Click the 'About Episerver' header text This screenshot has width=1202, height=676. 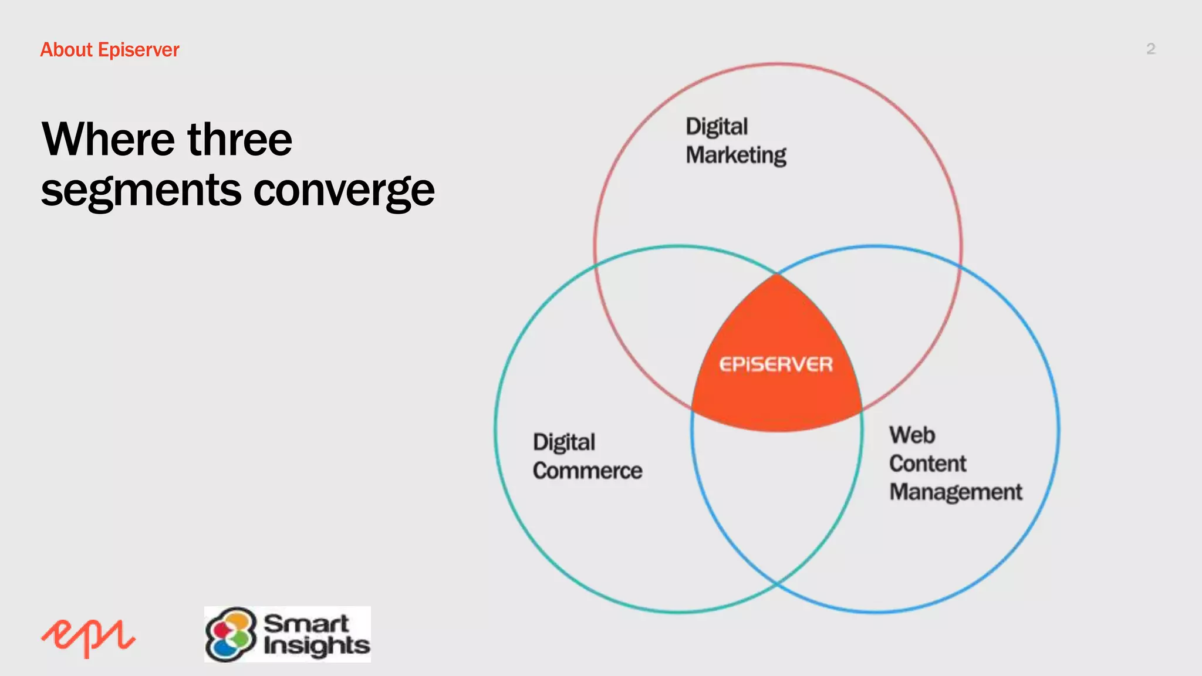[110, 50]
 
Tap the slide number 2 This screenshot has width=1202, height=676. [1150, 49]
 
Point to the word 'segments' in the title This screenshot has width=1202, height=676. [141, 191]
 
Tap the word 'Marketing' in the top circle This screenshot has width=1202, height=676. [736, 156]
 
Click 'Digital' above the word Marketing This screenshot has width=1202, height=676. [717, 127]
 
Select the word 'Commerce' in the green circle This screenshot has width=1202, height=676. [588, 471]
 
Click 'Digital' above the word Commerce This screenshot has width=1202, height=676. [564, 442]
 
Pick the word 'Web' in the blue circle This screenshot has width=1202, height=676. [912, 435]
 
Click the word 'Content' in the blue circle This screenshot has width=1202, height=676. [927, 464]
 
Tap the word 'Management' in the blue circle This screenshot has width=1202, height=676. [955, 492]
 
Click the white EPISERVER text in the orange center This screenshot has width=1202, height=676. [776, 364]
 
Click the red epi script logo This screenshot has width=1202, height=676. [89, 637]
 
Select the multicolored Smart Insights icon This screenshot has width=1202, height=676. [231, 634]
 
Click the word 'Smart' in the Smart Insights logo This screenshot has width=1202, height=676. [306, 623]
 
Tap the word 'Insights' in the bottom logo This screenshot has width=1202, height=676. [316, 645]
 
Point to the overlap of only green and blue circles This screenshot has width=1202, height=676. [776, 505]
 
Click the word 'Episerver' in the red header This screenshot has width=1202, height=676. [139, 50]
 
